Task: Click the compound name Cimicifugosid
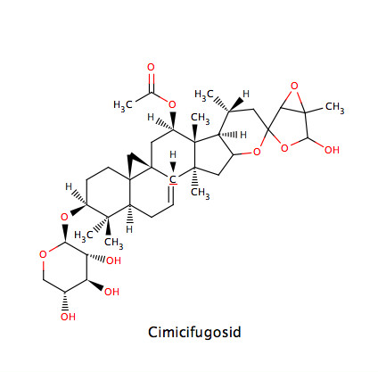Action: pos(194,333)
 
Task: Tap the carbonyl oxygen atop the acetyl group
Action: pos(151,67)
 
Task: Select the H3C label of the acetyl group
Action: pos(123,105)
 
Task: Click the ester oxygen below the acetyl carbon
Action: pos(172,104)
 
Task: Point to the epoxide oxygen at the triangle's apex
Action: pos(294,87)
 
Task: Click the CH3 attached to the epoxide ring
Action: pos(335,107)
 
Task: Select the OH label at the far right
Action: pos(332,150)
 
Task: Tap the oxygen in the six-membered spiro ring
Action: pos(257,153)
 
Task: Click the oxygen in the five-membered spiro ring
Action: pos(284,148)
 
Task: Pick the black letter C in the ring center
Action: pos(173,179)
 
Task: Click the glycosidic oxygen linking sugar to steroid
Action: pos(64,217)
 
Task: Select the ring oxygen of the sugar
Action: pos(43,254)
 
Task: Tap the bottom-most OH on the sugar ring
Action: pos(68,317)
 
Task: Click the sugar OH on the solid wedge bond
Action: pos(111,292)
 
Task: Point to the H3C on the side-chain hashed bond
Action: pos(204,95)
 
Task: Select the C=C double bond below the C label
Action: pos(171,194)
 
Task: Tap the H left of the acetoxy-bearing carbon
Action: pos(151,118)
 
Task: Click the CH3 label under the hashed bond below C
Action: pos(200,193)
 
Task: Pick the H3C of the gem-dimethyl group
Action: pos(84,236)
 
